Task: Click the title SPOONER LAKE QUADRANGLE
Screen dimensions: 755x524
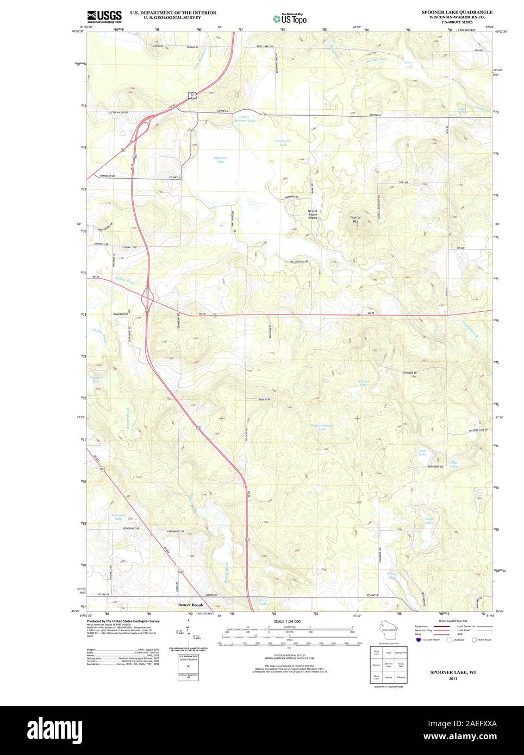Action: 457,11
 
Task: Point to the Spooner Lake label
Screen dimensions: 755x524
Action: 220,160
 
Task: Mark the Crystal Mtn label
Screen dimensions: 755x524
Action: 355,219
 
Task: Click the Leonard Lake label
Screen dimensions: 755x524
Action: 118,517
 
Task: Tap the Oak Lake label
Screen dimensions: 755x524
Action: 422,452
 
